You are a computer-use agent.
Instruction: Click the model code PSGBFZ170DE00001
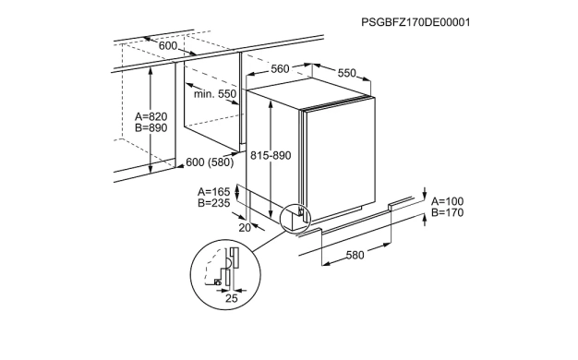(415, 22)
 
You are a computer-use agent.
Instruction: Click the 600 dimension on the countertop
(168, 46)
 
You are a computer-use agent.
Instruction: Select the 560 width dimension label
(280, 69)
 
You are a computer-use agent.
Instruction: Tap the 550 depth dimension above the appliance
(347, 73)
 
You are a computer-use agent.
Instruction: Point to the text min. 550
(215, 94)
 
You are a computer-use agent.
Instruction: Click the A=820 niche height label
(151, 117)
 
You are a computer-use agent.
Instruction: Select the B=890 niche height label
(151, 128)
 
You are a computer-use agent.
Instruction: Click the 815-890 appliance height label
(271, 155)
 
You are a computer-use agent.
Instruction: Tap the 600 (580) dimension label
(210, 162)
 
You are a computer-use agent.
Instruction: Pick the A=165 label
(214, 192)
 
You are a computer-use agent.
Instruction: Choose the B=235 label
(214, 203)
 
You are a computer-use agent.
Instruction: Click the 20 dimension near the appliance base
(245, 228)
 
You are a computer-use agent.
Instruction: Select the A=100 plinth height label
(448, 201)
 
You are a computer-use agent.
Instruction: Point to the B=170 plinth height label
(448, 212)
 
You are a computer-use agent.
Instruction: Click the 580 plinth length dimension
(355, 255)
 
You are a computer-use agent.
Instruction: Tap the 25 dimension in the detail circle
(232, 298)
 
